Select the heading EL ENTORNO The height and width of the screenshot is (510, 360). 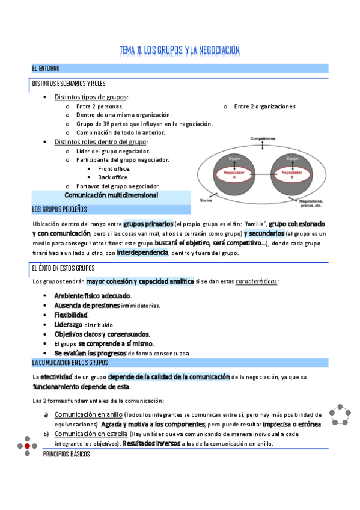click(46, 68)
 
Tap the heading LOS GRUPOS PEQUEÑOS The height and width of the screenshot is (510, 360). click(59, 209)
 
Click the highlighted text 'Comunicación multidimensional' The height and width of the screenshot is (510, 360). click(111, 195)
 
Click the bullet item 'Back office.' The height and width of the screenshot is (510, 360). click(113, 177)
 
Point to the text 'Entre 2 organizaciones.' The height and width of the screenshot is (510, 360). click(265, 106)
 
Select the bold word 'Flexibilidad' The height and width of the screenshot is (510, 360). click(71, 315)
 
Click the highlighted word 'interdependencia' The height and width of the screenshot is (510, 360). click(142, 253)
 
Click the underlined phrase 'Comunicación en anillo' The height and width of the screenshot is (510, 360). click(88, 415)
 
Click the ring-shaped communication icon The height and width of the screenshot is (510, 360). click(341, 414)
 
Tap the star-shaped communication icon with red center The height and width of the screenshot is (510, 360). click(27, 446)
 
